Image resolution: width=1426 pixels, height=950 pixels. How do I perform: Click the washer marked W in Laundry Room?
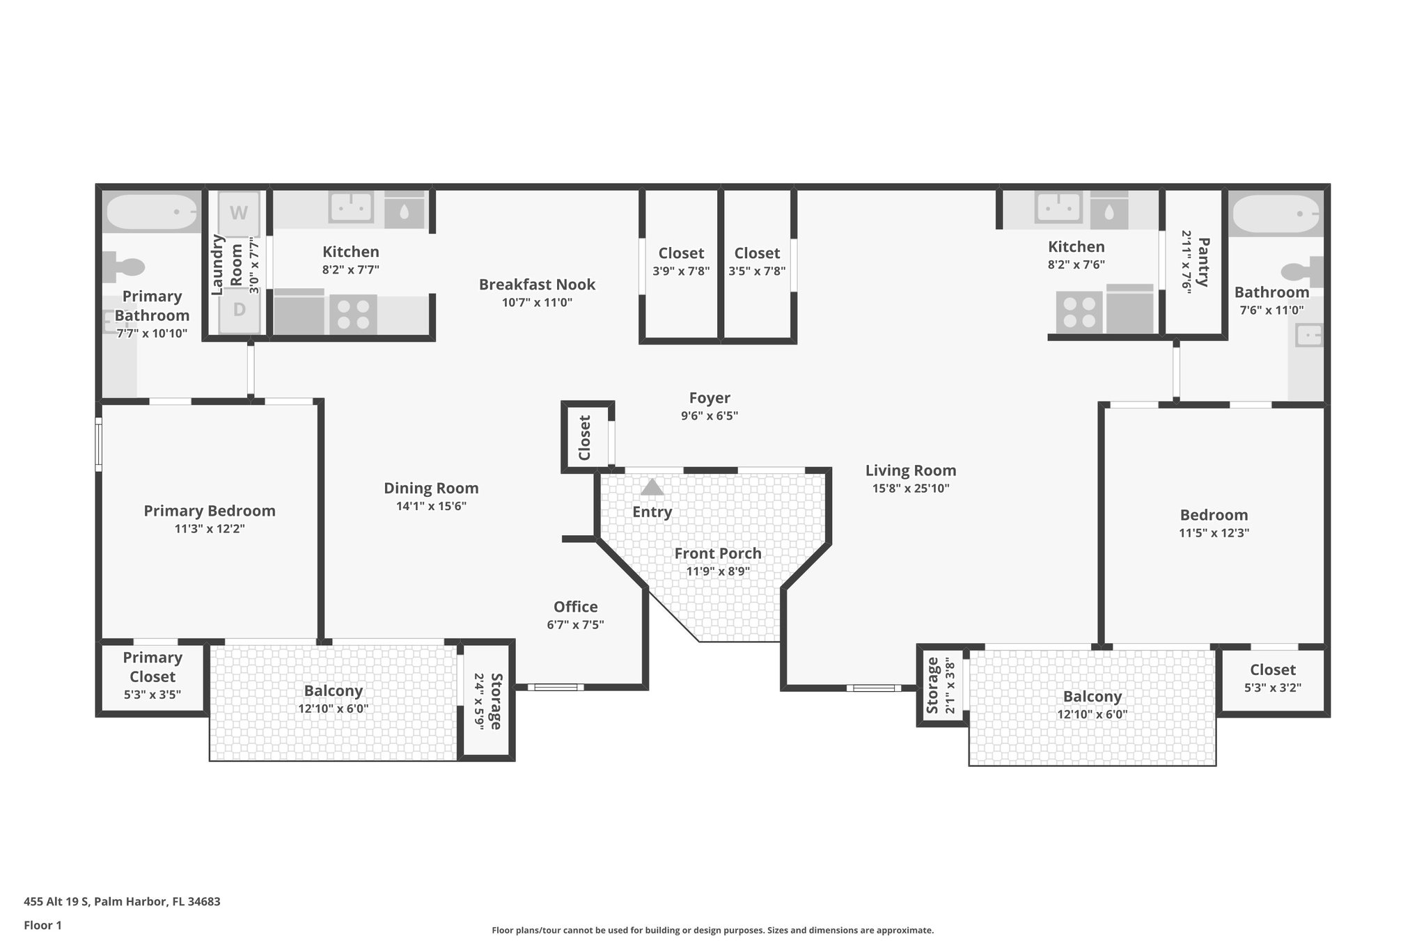coord(239,214)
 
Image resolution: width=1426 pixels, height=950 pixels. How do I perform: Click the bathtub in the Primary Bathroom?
coord(152,212)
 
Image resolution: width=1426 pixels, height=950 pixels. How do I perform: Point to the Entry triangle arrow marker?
coord(652,487)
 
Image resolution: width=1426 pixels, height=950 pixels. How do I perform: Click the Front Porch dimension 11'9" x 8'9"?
coord(717,572)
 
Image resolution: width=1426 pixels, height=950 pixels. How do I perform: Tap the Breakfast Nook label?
coord(537,285)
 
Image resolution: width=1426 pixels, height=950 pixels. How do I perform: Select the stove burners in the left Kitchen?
coord(353,313)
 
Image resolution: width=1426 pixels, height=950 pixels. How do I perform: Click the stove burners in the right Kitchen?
coord(1079,311)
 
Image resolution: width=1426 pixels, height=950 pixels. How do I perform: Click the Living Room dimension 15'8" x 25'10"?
coord(910,489)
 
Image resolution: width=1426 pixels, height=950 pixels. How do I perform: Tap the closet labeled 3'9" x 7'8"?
coord(681,262)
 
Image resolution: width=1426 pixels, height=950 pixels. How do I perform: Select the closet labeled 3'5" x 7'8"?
coord(757,262)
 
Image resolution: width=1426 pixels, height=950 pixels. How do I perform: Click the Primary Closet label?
coord(152,667)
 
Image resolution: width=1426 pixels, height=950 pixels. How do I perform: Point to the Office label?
coord(575,607)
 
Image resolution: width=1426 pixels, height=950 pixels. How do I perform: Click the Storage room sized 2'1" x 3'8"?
coord(940,686)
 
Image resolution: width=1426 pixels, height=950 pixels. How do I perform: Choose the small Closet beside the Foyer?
coord(585,438)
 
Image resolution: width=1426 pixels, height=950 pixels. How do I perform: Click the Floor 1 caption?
coord(42,926)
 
